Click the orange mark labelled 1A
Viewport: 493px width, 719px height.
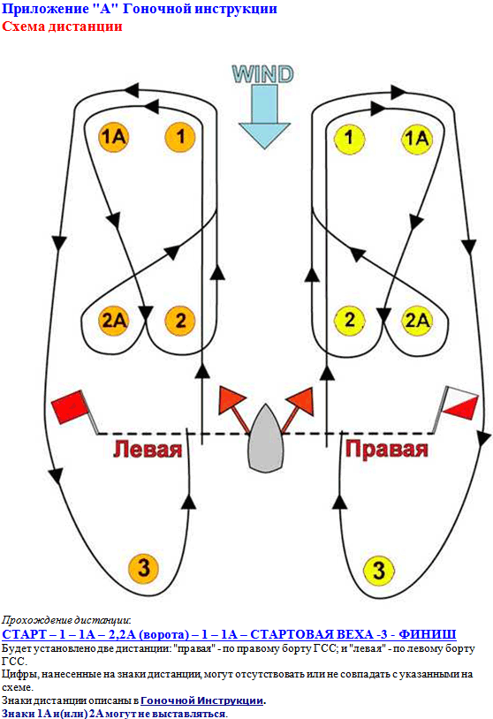click(113, 137)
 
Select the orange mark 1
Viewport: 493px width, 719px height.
click(180, 137)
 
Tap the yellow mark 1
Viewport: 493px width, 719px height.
click(350, 138)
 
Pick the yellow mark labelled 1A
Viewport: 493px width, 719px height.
click(417, 138)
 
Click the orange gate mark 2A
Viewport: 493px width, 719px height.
click(113, 320)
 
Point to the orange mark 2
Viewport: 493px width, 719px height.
click(180, 320)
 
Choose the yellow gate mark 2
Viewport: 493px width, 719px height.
click(350, 320)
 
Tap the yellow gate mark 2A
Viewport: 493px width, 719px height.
click(417, 320)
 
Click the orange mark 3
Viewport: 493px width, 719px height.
click(143, 568)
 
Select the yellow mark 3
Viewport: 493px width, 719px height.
click(378, 570)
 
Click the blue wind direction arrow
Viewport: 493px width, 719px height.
click(264, 117)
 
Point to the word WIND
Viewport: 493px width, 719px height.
click(262, 74)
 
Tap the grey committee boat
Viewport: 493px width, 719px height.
click(265, 438)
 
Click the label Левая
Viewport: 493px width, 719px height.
click(148, 449)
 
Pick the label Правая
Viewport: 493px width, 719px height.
click(387, 449)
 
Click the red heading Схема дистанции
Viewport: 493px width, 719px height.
click(62, 26)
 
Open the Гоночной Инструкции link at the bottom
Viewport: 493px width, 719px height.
click(201, 700)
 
